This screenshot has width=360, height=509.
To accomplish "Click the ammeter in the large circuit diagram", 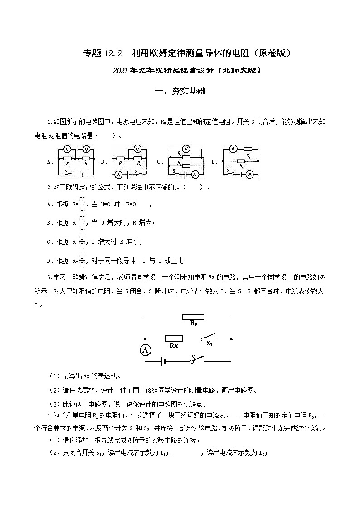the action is pos(145,350).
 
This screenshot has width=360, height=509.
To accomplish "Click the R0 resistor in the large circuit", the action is pos(193,316).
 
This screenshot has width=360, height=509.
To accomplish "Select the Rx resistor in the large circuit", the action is pos(174,338).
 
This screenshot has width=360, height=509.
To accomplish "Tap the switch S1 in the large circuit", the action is pos(208,338).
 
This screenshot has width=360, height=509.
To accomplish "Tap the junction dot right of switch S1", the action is pos(231,338).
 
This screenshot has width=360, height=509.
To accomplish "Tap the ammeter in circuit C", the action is pos(195,174).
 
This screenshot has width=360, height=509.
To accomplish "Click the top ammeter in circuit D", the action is pos(233,148).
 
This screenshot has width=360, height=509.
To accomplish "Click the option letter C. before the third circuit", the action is pos(160,161).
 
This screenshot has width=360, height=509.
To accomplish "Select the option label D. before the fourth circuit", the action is pos(214,161).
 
